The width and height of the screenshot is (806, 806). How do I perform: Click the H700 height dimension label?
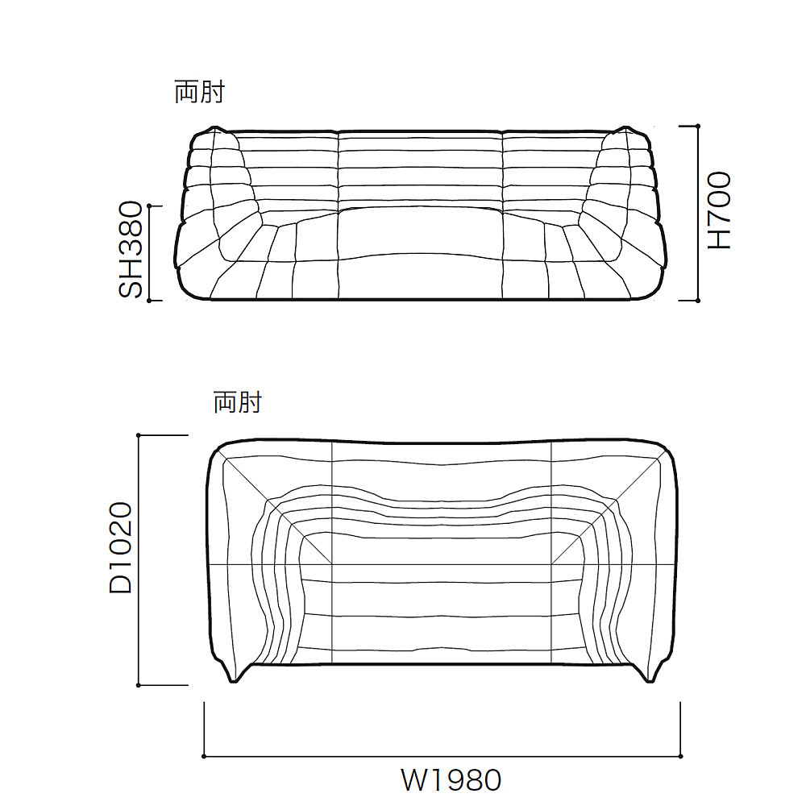click(x=720, y=210)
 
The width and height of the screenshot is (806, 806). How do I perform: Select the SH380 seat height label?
click(x=130, y=249)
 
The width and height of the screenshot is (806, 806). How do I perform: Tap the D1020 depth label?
click(x=121, y=548)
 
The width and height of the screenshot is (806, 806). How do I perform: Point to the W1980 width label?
click(x=451, y=780)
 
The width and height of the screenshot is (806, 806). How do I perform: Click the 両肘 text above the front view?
click(x=199, y=92)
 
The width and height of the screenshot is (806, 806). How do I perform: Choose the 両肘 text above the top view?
click(x=238, y=402)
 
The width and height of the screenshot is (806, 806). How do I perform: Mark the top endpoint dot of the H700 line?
click(x=697, y=126)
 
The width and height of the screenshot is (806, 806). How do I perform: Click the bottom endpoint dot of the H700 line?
click(x=697, y=301)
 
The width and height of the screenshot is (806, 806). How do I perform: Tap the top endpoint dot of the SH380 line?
click(x=150, y=206)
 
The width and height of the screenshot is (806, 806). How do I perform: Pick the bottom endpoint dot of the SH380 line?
click(x=150, y=301)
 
